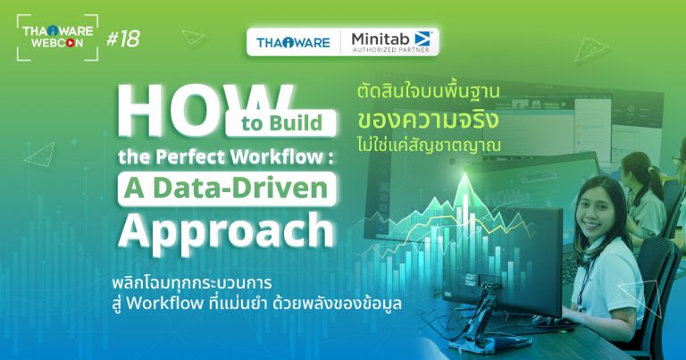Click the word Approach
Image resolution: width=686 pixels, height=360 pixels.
click(x=226, y=230)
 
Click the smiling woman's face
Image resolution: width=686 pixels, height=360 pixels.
click(x=601, y=217)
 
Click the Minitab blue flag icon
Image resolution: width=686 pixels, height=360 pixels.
click(x=422, y=38)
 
